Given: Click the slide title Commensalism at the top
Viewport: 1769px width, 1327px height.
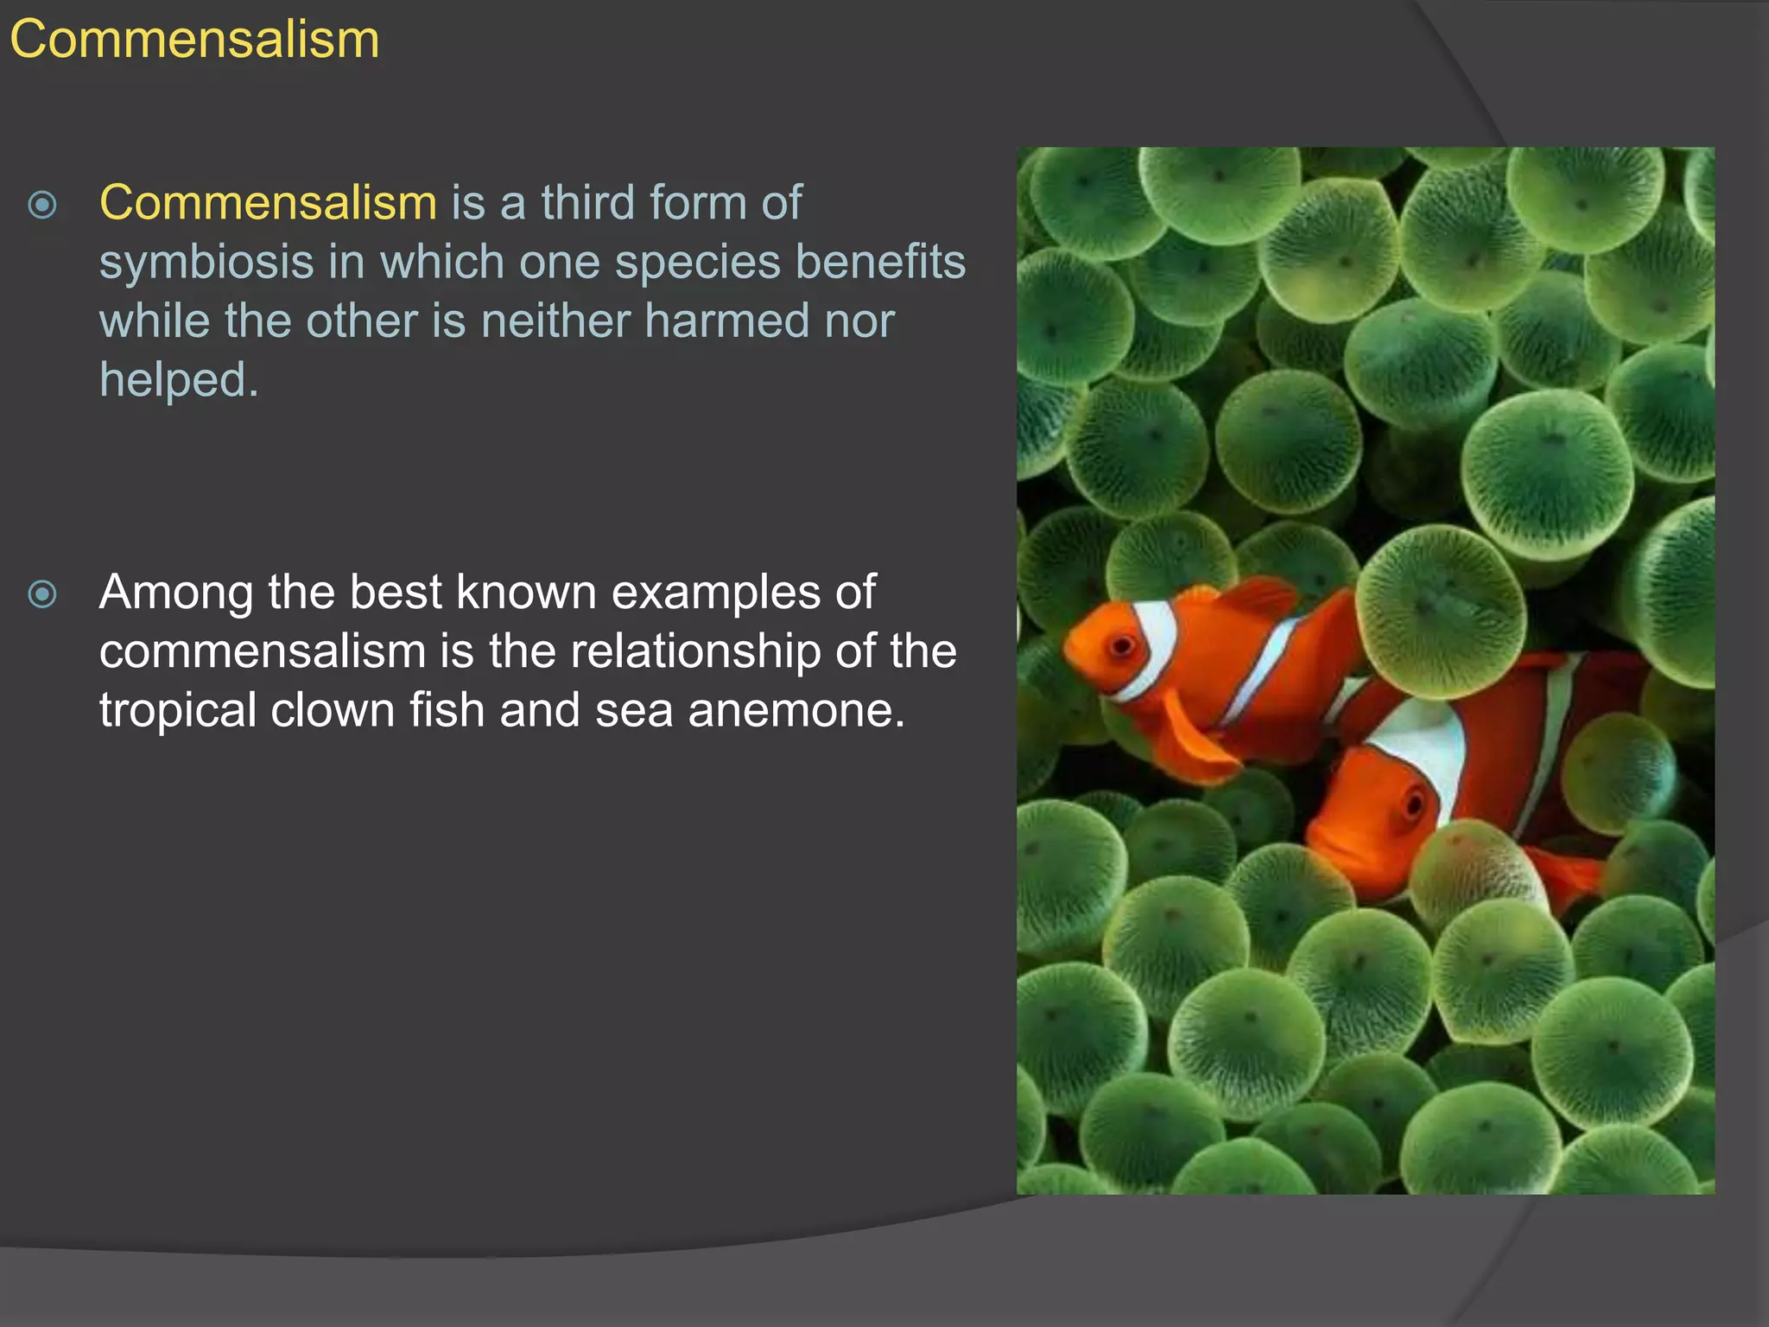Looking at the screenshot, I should click(194, 40).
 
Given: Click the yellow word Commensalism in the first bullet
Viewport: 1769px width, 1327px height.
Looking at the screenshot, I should click(268, 203).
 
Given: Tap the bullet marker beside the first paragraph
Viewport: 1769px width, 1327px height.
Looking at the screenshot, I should click(42, 205).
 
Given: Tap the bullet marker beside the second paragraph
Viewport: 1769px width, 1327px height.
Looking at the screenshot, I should click(42, 594).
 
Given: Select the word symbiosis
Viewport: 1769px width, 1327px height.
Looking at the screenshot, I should click(206, 263).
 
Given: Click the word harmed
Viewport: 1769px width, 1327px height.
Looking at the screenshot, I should click(727, 321).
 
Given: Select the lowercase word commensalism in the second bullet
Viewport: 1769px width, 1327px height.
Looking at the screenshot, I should click(262, 651).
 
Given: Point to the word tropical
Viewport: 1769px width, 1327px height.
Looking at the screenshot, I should click(177, 710).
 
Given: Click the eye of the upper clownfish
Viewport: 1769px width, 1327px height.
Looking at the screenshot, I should click(1122, 645).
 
